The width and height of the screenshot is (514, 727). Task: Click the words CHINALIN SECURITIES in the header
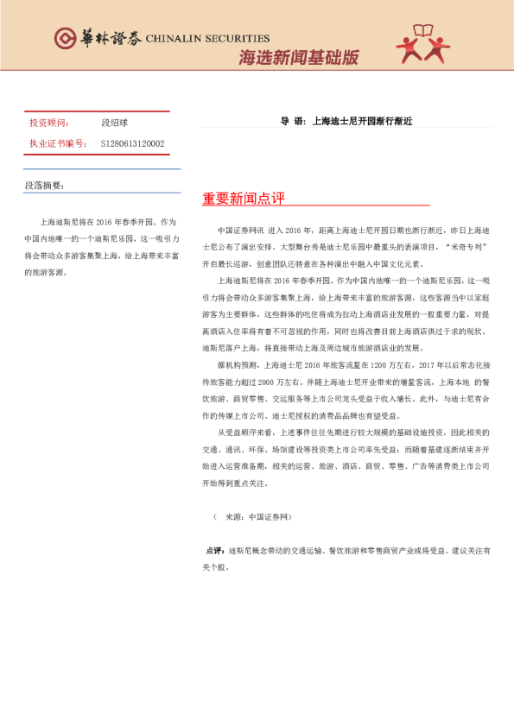click(207, 38)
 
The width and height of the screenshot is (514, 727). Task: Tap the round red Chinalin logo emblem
click(65, 37)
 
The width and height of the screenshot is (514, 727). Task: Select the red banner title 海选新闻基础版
click(298, 59)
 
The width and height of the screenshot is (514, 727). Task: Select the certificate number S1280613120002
click(133, 143)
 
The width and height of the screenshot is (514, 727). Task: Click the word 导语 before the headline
click(292, 121)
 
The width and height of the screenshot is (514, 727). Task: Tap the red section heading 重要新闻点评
click(244, 199)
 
